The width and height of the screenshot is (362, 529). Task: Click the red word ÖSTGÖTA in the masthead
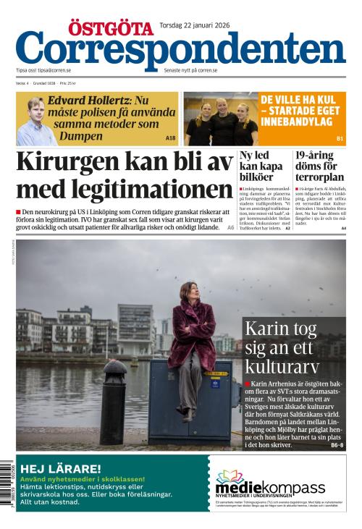point(109,28)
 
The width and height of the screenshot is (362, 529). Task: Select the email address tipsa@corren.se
point(54,71)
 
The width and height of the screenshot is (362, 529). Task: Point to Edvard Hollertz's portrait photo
point(35,121)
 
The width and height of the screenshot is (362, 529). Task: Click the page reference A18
point(171,137)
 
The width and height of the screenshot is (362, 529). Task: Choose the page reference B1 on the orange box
point(340,137)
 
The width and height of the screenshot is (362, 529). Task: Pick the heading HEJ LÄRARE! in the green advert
point(60,468)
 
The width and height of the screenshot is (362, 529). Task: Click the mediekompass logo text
point(270,487)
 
